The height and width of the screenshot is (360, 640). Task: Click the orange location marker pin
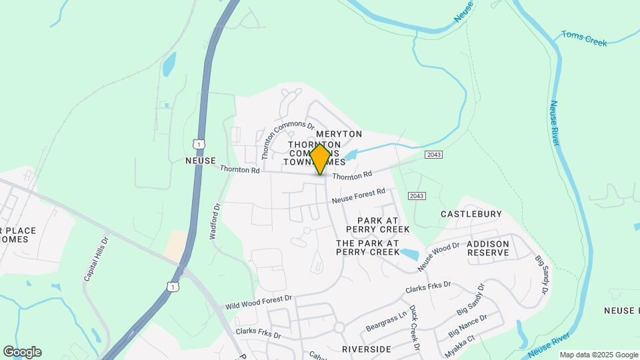320,159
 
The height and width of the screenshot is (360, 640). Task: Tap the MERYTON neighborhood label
339,134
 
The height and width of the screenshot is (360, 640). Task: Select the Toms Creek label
584,38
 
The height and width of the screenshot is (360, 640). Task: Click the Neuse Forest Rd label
359,195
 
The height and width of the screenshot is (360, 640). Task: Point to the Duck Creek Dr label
413,329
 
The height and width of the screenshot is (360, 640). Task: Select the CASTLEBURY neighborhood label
471,214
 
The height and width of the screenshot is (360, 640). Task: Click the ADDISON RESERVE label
488,248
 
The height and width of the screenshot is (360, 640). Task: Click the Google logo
22,352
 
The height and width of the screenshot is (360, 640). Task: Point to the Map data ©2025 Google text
599,355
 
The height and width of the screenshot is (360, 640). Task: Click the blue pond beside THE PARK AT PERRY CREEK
409,254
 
